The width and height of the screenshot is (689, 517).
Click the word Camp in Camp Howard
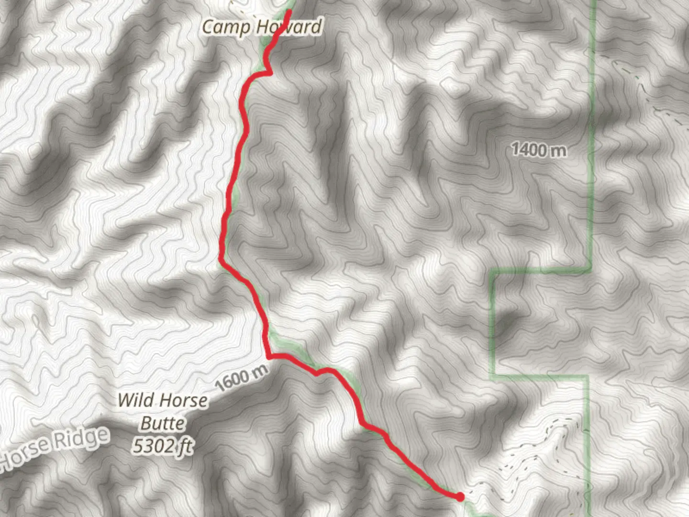click(226, 27)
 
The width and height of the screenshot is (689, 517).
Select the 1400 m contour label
click(539, 150)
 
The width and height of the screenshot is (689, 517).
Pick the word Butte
click(162, 423)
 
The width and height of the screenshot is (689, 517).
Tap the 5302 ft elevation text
click(163, 446)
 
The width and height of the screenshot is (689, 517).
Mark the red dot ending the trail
click(460, 497)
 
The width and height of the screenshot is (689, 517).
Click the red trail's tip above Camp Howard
click(289, 11)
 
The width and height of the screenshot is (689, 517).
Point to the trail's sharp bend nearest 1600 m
click(270, 356)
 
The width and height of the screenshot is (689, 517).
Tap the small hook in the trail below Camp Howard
click(270, 73)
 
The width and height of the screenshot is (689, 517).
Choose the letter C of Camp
click(208, 27)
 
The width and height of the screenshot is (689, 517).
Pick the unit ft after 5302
click(185, 447)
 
